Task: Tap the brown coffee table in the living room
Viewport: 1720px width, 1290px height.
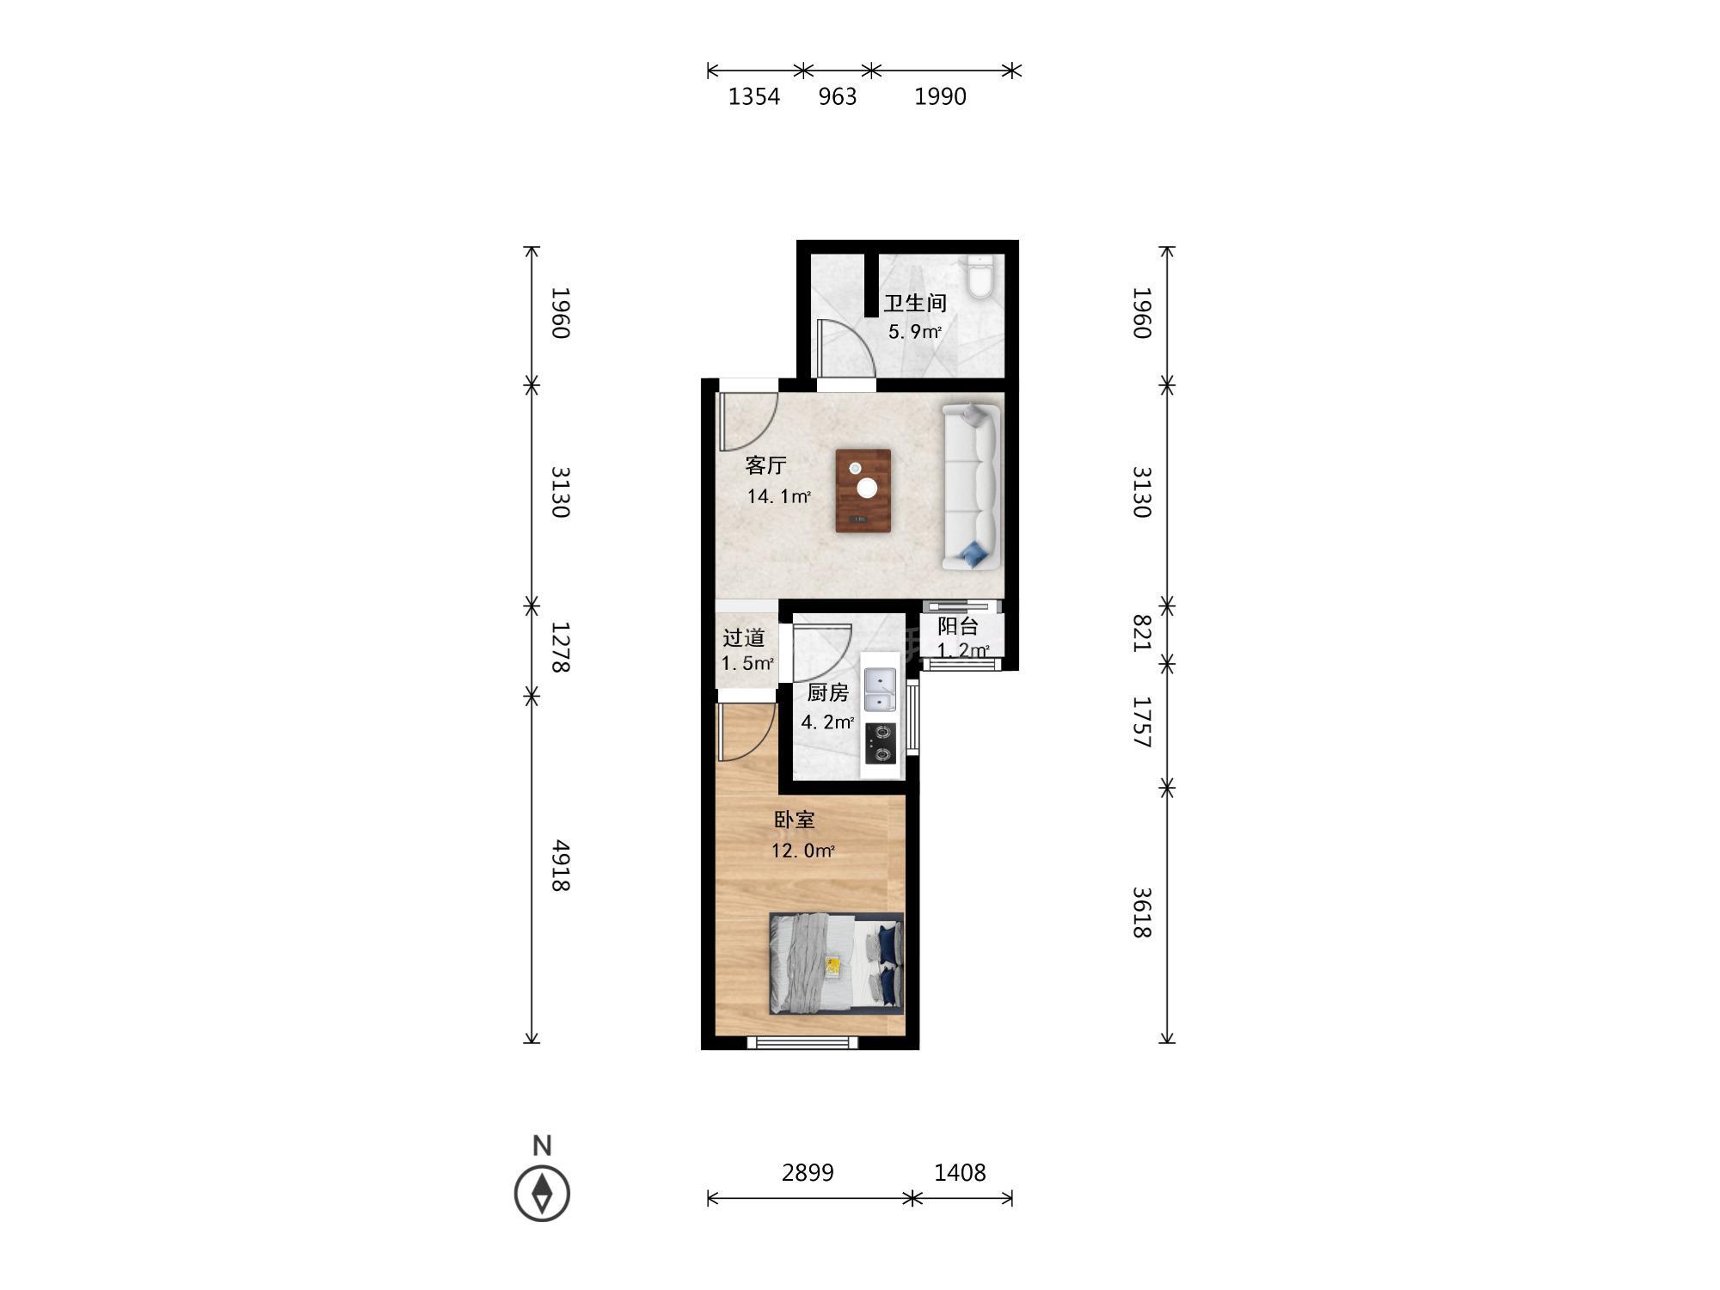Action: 863,490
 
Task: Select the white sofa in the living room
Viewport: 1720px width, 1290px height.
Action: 972,487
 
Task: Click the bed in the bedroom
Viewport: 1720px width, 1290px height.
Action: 836,963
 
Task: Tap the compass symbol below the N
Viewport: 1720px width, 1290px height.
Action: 542,1193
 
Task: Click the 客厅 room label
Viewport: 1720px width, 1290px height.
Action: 765,465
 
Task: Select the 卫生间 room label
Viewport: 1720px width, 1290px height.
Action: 915,303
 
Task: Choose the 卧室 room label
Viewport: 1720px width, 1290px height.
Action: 794,820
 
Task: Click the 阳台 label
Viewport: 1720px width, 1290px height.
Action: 957,626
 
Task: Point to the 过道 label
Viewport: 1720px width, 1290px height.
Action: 743,637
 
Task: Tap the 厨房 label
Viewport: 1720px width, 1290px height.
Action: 827,692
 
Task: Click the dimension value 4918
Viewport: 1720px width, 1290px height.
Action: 561,866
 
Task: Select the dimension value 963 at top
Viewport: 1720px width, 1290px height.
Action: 838,96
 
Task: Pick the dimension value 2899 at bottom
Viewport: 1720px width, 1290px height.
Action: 808,1172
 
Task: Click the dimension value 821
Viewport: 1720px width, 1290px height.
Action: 1141,633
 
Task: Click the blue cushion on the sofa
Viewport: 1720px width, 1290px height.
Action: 974,554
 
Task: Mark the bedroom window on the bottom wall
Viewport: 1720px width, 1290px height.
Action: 802,1042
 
